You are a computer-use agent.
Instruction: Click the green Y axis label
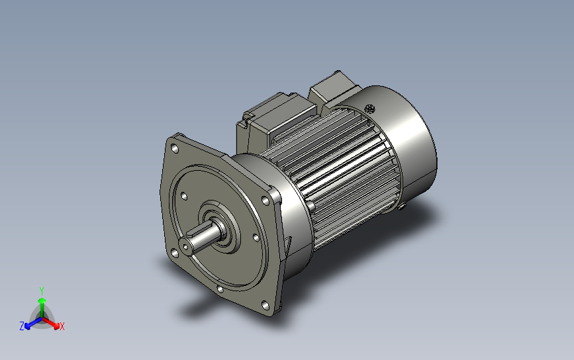42,291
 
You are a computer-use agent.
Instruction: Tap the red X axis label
62,326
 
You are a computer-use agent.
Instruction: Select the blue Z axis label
22,326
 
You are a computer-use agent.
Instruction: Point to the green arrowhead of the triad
42,300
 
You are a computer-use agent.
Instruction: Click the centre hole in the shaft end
185,247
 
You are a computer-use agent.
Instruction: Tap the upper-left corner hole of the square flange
175,148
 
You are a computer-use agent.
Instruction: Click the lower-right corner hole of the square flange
265,306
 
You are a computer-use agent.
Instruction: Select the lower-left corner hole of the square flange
174,253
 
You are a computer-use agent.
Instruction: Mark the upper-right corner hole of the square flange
265,200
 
